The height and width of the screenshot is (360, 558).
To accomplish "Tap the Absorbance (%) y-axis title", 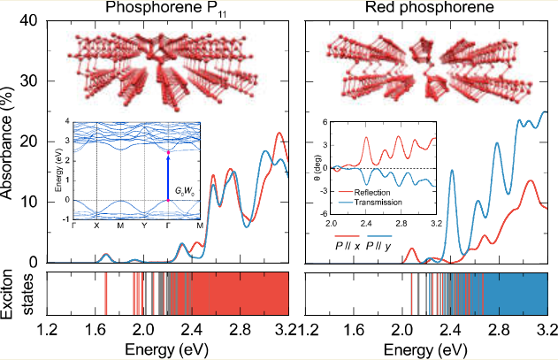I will tap(8, 142).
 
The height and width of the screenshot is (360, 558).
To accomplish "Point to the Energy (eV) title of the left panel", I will tap(167, 349).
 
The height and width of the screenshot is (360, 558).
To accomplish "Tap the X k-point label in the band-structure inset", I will tap(96, 226).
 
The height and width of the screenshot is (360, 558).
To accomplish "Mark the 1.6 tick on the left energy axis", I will tap(96, 329).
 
